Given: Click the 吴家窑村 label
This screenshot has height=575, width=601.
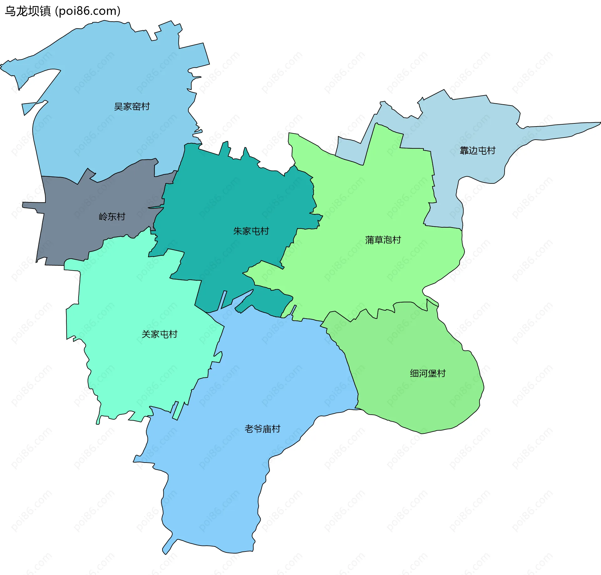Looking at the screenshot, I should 132,107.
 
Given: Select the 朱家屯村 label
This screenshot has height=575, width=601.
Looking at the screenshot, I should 251,231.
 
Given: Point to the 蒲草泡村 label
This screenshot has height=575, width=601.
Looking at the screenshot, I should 383,240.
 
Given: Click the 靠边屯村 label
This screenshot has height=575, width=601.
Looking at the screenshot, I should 477,151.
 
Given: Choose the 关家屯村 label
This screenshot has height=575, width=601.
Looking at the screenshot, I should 159,334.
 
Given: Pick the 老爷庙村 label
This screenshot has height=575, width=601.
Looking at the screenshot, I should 262,429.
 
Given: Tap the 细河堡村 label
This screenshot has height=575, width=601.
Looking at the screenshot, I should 428,373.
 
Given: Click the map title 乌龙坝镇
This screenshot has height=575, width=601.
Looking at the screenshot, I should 28,11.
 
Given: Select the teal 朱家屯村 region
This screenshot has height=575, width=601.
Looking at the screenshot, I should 225,200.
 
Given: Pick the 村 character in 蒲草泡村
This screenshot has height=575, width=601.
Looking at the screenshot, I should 397,240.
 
